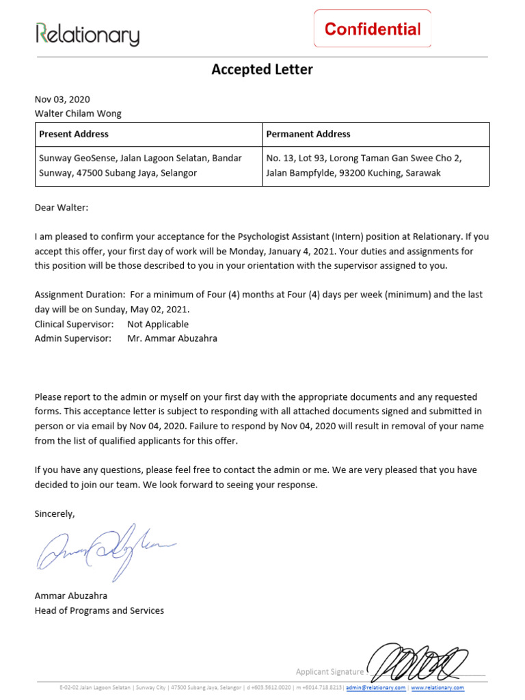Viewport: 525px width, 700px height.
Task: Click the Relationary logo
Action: coord(87,34)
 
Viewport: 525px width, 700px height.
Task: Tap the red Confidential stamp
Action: coord(373,29)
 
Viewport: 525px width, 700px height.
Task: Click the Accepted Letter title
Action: coord(262,69)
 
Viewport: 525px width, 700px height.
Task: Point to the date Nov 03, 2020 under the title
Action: coord(62,99)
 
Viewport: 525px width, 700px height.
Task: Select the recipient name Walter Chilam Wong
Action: coord(78,113)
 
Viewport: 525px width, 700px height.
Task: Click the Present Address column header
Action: coord(74,134)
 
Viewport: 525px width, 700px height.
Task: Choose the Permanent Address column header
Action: coord(308,134)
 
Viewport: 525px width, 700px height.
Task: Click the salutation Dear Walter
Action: coord(62,208)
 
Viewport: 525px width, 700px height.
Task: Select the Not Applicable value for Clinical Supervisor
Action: coord(158,324)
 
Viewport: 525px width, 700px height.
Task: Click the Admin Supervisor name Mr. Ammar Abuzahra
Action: coord(172,338)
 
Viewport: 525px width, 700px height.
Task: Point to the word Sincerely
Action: coord(55,513)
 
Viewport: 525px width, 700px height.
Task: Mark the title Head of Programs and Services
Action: coord(99,610)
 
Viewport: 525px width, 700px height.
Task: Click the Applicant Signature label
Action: coord(329,671)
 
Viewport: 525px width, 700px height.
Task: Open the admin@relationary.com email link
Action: coord(375,688)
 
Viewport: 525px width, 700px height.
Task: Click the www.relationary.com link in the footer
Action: coord(437,688)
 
